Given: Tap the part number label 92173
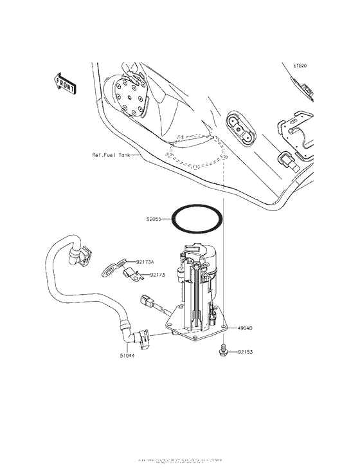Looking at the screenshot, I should pos(158,275).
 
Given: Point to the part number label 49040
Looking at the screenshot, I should pos(244,328).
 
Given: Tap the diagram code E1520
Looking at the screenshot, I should pos(301,66).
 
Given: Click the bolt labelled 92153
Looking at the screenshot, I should pos(222,349).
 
